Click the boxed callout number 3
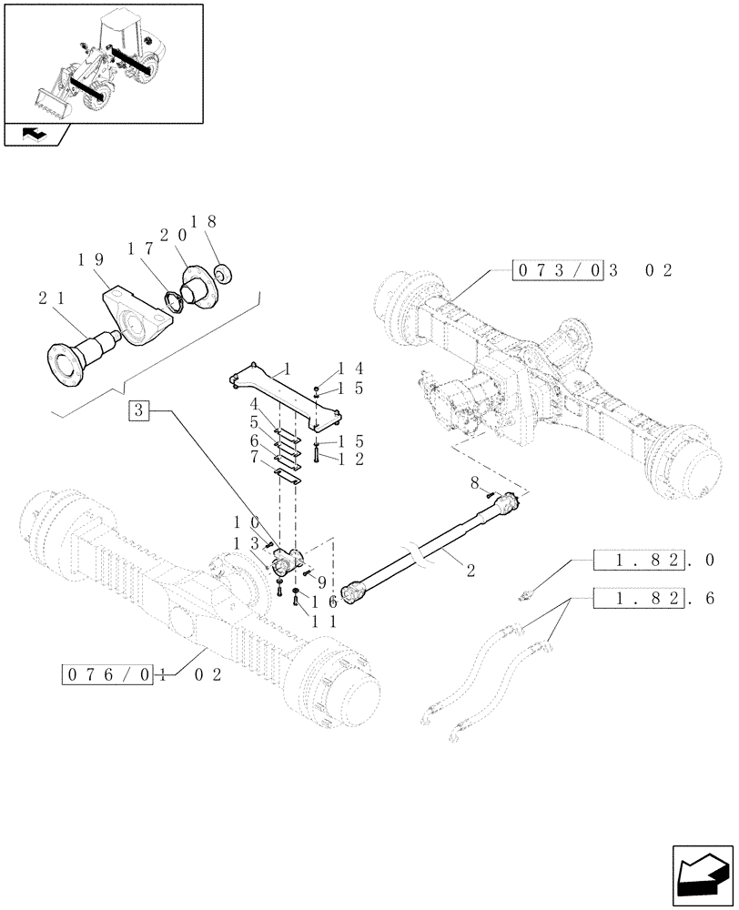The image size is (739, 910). tap(137, 410)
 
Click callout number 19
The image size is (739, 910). tap(91, 259)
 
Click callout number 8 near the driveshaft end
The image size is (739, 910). tap(475, 480)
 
